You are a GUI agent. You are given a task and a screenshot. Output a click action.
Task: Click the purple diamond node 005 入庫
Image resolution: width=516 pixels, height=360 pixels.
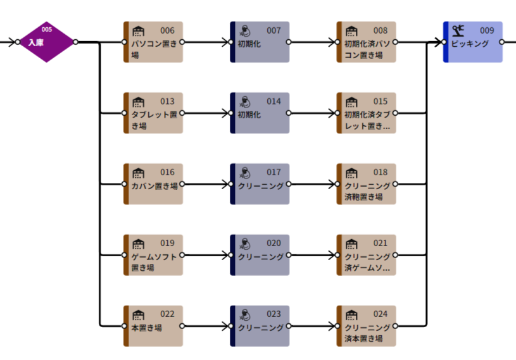(x=47, y=42)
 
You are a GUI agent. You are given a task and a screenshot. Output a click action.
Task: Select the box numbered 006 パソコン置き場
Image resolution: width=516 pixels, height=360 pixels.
(x=154, y=42)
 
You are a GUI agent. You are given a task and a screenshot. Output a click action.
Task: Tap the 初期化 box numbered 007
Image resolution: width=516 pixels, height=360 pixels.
(x=260, y=42)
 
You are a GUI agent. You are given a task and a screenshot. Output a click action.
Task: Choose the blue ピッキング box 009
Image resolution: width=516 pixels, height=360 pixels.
(x=474, y=42)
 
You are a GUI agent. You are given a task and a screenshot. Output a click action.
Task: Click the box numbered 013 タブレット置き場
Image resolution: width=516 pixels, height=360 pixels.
(x=154, y=113)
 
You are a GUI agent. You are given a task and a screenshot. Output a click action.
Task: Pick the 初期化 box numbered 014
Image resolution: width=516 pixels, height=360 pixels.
(x=260, y=113)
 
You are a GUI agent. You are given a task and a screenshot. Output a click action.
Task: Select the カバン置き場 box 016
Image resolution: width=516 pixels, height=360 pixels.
(x=154, y=184)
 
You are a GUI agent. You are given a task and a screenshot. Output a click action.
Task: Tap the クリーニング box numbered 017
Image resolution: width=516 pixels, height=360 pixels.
(x=260, y=184)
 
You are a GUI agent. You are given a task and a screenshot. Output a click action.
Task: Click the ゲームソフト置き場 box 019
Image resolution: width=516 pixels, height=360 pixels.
(x=154, y=255)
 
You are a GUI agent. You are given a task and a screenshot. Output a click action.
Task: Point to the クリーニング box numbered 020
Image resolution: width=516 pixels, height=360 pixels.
(x=260, y=255)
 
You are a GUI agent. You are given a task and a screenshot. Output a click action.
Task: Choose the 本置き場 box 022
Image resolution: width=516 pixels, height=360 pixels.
(x=154, y=326)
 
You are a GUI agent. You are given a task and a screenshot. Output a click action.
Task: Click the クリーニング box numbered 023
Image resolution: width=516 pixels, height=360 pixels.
(x=260, y=326)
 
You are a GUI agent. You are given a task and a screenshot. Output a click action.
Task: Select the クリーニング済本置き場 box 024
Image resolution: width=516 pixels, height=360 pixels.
(x=367, y=326)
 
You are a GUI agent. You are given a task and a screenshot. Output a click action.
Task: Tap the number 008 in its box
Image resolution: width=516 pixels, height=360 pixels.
(x=381, y=30)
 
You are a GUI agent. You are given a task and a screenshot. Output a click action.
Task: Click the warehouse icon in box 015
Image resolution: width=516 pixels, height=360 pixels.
(x=351, y=101)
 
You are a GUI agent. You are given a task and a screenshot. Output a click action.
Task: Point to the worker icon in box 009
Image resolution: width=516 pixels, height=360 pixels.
(x=458, y=29)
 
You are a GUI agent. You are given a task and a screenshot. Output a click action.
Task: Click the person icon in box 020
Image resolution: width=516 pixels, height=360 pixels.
(x=245, y=244)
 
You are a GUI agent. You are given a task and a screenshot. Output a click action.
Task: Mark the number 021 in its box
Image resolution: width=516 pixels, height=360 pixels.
(x=381, y=243)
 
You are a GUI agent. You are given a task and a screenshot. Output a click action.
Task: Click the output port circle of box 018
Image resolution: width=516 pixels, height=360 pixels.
(x=396, y=185)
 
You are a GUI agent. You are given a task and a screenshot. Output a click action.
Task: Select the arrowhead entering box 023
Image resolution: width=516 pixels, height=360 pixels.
(x=227, y=326)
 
